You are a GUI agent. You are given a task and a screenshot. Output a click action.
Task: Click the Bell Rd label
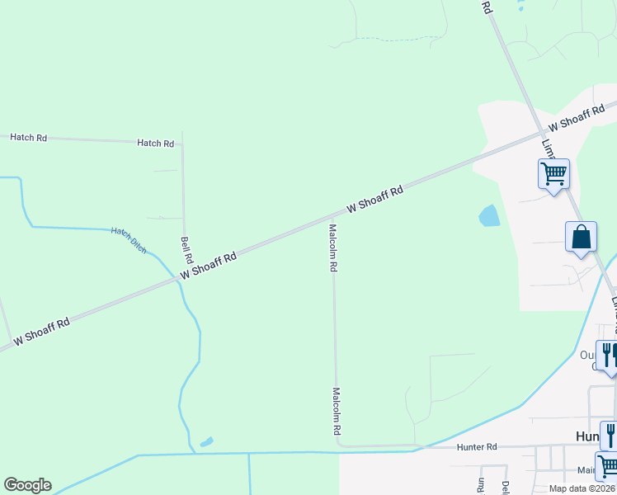[186, 244]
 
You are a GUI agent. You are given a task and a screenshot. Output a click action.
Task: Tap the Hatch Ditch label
[129, 240]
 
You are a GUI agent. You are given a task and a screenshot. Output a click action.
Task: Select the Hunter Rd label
[477, 446]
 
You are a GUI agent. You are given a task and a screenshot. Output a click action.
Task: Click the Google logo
[27, 485]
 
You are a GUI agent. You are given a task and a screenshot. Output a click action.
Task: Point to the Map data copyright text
[582, 488]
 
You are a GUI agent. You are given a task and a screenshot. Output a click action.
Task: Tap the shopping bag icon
[581, 237]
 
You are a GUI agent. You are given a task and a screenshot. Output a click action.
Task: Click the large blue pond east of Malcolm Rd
[488, 216]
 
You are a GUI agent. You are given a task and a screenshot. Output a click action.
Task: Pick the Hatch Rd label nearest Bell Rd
[156, 143]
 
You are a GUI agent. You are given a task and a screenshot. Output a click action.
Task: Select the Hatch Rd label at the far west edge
[28, 137]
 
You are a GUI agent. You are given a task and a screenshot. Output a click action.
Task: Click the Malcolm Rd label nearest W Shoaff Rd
[333, 248]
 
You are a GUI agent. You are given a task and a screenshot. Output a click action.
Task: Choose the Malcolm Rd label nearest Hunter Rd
[337, 412]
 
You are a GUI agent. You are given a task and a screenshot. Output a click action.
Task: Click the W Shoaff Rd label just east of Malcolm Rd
[374, 200]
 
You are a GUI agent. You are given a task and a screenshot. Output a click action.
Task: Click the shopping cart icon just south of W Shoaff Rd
[553, 173]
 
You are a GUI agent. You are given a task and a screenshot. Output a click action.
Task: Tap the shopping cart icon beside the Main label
[608, 466]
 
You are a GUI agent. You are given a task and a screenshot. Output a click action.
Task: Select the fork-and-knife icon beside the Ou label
[607, 355]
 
